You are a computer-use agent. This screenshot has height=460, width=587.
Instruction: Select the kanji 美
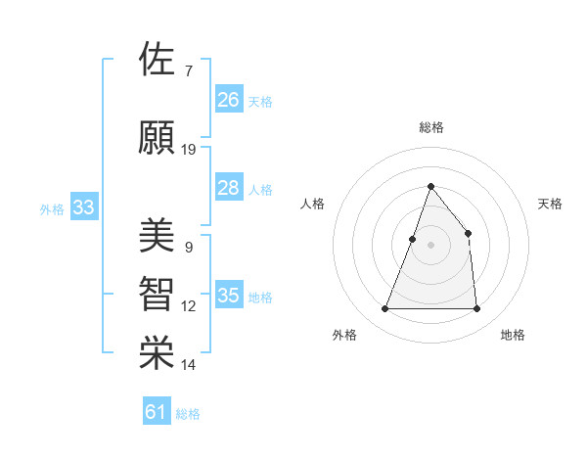(157, 236)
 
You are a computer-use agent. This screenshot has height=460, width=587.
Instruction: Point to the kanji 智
(157, 293)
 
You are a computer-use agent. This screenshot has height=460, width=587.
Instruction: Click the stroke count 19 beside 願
(189, 150)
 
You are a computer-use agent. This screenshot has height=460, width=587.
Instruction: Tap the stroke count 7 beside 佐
(188, 71)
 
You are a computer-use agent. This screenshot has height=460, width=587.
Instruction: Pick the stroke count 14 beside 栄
(189, 365)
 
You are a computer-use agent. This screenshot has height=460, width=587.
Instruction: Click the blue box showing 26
(229, 100)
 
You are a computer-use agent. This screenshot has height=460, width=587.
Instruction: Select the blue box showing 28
(229, 188)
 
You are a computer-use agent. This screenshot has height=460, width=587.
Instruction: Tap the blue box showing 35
(229, 296)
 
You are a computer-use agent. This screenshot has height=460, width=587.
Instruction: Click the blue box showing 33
(84, 207)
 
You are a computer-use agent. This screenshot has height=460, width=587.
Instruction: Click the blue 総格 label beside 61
(188, 414)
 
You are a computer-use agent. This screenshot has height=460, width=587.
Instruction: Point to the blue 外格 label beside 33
(52, 208)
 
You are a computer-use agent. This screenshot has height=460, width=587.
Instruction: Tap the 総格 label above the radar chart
(430, 127)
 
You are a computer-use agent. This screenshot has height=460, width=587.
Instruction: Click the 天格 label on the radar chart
(550, 204)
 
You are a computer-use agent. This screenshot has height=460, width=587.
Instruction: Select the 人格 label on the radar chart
(312, 204)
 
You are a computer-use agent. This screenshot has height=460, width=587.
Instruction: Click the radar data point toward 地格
(476, 309)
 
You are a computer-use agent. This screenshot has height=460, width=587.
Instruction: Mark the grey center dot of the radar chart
(430, 245)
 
